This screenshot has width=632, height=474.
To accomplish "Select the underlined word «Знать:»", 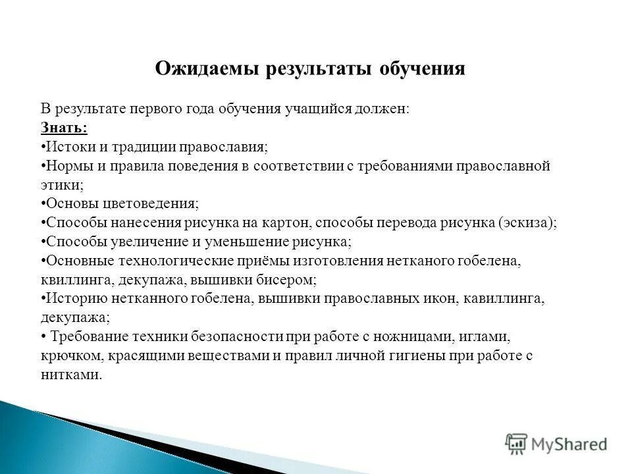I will (x=64, y=127).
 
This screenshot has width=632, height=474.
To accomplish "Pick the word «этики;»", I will (x=62, y=184).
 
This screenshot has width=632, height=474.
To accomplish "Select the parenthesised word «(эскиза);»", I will (x=527, y=223).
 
